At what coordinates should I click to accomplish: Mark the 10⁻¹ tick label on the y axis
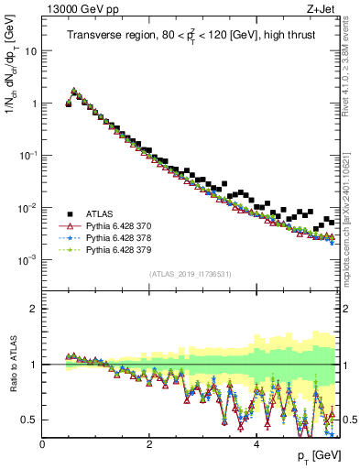pyautogui.click(x=27, y=155)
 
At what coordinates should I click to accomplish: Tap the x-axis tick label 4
pyautogui.click(x=256, y=444)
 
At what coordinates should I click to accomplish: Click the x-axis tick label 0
pyautogui.click(x=42, y=444)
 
